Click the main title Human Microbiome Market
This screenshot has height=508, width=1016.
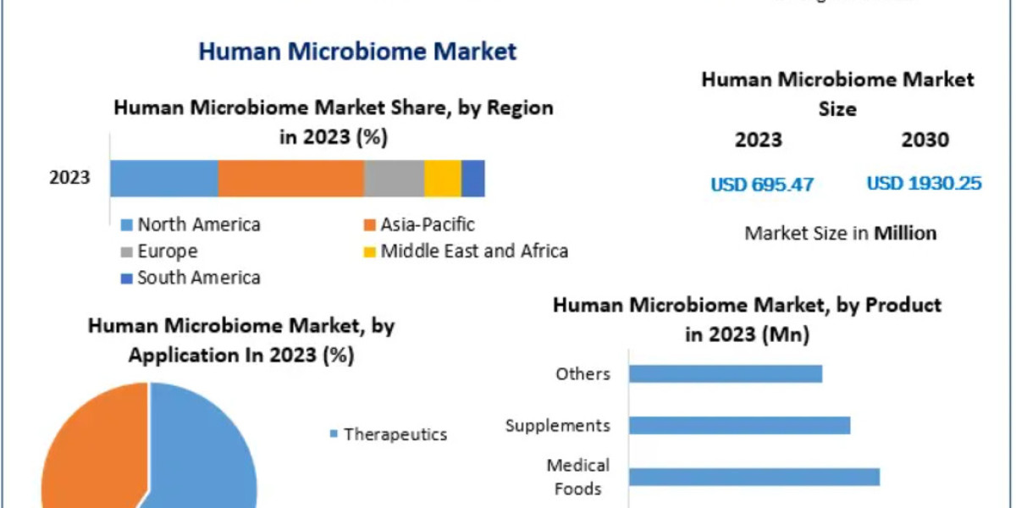[356, 51]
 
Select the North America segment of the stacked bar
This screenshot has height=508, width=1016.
[164, 179]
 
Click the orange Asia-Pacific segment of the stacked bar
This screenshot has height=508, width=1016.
[290, 179]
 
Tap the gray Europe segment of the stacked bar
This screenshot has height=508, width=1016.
[394, 179]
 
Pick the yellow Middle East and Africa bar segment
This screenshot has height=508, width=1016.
[442, 179]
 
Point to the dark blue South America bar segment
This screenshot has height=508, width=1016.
[472, 179]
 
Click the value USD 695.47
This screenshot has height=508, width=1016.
[762, 184]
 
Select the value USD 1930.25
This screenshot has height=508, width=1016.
[924, 183]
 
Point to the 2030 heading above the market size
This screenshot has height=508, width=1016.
[925, 140]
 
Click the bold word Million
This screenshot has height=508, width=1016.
[905, 234]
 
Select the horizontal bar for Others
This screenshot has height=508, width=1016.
[726, 373]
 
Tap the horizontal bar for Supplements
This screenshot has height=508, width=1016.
[739, 425]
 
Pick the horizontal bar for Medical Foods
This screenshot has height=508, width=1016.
[754, 477]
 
